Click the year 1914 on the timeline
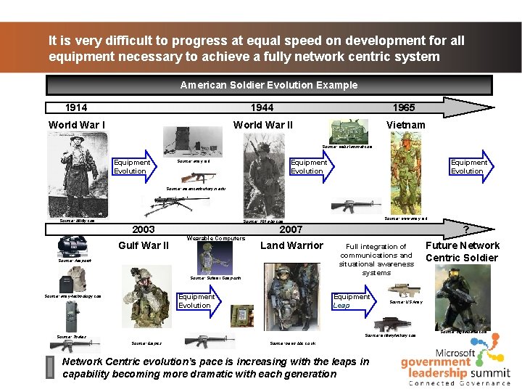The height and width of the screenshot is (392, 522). [76, 107]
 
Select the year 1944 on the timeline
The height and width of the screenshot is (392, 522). [262, 107]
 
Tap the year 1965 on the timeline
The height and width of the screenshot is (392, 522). [404, 107]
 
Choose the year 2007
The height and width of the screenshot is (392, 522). [291, 229]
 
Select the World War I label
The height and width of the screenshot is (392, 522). [76, 125]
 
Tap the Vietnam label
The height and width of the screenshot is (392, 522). [406, 125]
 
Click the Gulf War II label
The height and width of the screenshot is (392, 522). [144, 245]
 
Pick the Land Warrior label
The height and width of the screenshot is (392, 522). [291, 245]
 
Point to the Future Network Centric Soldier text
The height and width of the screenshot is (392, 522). [462, 251]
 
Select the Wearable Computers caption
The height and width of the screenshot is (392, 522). [215, 238]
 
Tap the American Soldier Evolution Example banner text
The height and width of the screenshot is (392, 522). [268, 85]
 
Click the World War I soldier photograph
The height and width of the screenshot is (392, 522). [74, 175]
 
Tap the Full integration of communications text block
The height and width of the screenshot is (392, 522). [376, 260]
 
